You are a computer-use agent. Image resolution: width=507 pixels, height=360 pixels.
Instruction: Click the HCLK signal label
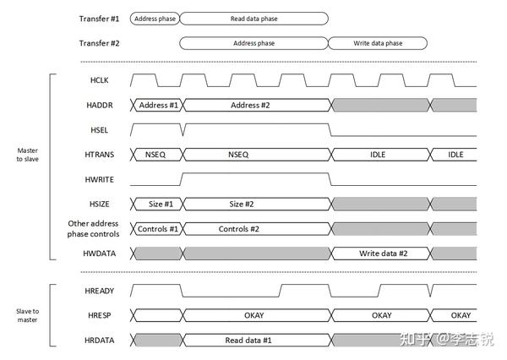click(99, 80)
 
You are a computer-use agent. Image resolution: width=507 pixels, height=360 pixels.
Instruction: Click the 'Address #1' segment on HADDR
click(157, 105)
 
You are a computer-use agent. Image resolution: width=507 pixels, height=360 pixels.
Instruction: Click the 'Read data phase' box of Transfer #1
click(254, 18)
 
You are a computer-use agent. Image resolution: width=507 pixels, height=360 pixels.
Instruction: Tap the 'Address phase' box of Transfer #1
click(155, 18)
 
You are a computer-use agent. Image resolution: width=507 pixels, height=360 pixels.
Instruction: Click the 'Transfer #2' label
click(101, 43)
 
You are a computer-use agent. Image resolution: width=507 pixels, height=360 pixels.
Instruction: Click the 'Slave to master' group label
click(28, 315)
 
